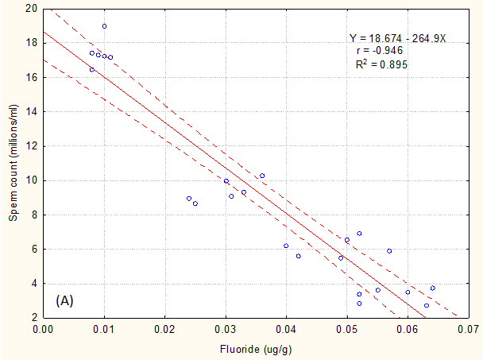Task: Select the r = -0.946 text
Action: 380,51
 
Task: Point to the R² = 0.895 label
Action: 382,64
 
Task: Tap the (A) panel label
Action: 66,301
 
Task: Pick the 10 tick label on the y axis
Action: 31,180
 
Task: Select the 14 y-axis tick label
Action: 31,112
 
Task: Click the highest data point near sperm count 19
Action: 104,26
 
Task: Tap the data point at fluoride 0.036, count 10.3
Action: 262,176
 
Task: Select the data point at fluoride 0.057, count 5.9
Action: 389,250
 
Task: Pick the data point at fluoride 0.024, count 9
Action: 189,198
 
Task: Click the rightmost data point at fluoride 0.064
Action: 432,288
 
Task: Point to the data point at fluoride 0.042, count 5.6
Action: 299,256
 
